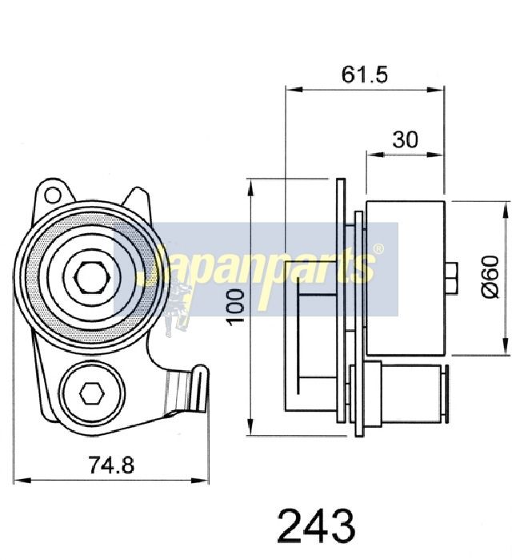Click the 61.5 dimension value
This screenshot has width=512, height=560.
(364, 75)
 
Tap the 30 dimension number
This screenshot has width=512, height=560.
(405, 139)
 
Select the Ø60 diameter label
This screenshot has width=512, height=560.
(490, 276)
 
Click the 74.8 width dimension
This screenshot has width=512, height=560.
(111, 465)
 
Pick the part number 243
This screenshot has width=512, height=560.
(316, 526)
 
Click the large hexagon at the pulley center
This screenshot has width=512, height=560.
(91, 277)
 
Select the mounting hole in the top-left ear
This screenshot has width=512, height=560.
(53, 195)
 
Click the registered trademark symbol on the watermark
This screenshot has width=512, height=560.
(378, 249)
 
